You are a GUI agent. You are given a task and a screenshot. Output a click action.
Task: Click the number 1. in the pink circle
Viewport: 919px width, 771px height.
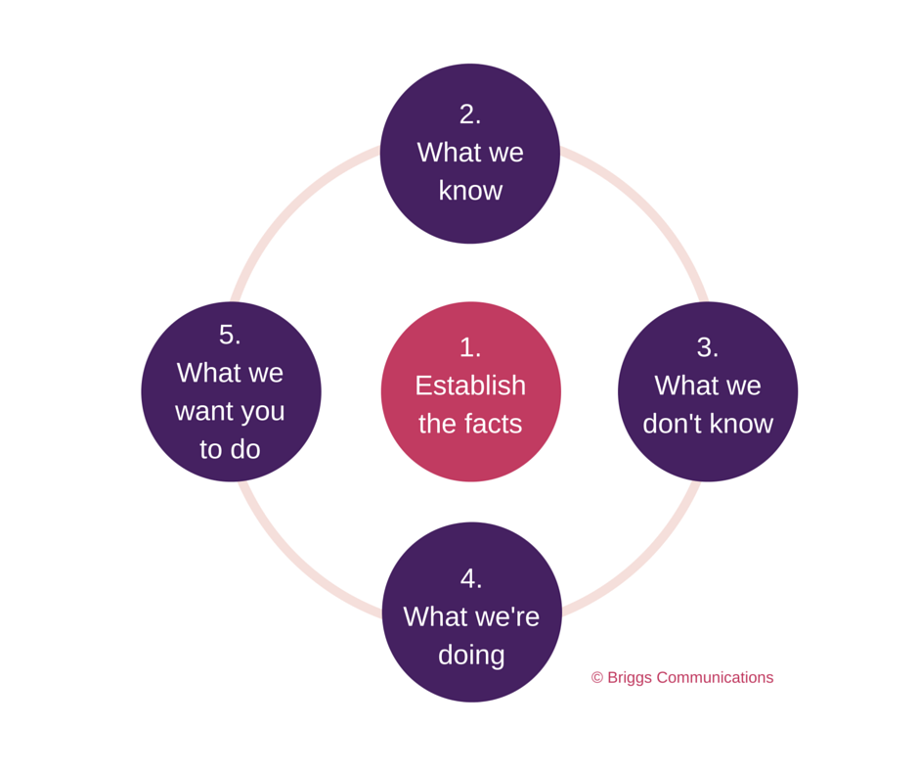(x=470, y=347)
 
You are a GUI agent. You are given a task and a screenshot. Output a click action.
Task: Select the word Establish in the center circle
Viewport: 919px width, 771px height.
(x=470, y=385)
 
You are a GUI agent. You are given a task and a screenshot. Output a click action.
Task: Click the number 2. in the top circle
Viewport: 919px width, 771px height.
(x=470, y=114)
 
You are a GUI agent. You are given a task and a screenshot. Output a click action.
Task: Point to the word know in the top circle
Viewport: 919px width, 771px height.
(x=470, y=190)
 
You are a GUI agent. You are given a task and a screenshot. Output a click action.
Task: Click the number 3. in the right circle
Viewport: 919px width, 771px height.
(x=708, y=347)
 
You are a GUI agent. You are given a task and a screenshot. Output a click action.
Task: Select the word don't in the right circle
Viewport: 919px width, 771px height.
(x=673, y=424)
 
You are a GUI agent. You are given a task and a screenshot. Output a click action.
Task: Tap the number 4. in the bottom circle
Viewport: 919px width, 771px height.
(x=471, y=578)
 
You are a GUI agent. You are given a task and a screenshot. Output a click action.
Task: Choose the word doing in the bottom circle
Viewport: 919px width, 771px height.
(x=471, y=655)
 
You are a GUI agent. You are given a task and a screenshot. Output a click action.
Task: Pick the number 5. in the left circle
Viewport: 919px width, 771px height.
(x=230, y=335)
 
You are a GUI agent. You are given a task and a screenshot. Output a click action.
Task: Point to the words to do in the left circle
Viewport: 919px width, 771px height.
(x=230, y=449)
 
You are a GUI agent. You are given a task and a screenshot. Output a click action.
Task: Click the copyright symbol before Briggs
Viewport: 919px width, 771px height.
(x=597, y=678)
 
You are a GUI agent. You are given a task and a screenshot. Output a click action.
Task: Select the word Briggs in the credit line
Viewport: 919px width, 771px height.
(x=630, y=678)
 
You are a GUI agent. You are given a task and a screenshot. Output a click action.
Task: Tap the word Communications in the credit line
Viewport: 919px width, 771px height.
(x=715, y=678)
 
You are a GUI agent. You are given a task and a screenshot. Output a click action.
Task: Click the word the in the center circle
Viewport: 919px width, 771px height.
(x=437, y=424)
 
